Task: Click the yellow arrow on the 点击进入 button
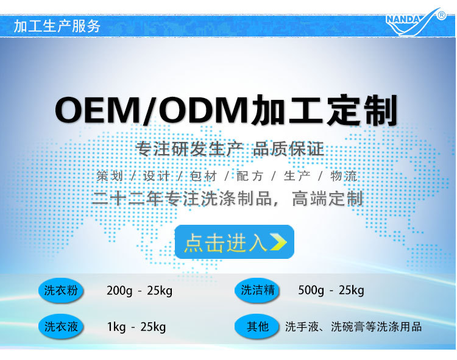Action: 278,242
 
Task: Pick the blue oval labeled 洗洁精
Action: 257,291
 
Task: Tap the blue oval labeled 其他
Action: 257,327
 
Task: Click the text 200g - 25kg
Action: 140,291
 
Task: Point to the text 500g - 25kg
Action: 331,291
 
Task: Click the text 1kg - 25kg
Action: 136,327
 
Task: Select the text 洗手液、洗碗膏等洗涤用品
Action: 353,327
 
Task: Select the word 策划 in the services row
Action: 110,176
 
